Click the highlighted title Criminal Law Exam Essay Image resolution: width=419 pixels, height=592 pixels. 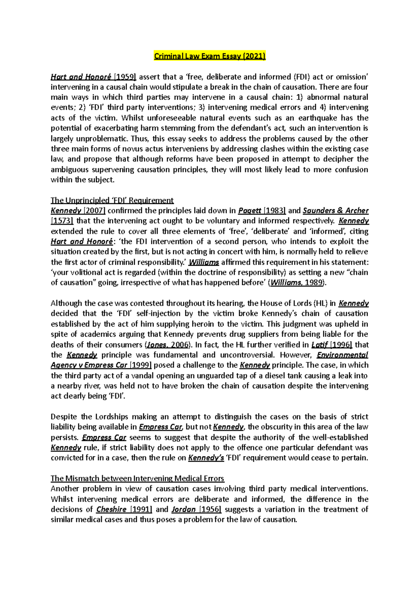pyautogui.click(x=210, y=56)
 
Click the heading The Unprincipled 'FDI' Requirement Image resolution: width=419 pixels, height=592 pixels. pyautogui.click(x=112, y=200)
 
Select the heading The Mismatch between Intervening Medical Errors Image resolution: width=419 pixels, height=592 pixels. pyautogui.click(x=137, y=479)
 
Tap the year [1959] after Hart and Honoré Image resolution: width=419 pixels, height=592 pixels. pyautogui.click(x=126, y=77)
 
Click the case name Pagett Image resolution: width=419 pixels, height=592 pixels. pyautogui.click(x=249, y=211)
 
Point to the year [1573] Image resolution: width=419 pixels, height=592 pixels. pyautogui.click(x=62, y=221)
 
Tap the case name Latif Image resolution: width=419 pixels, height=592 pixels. pyautogui.click(x=319, y=345)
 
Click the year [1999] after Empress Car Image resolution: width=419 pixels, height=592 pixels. pyautogui.click(x=140, y=365)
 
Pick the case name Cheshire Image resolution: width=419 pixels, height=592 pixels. pyautogui.click(x=111, y=509)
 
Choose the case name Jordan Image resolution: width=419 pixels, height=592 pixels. pyautogui.click(x=183, y=509)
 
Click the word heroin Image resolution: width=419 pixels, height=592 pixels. pyautogui.click(x=187, y=324)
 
